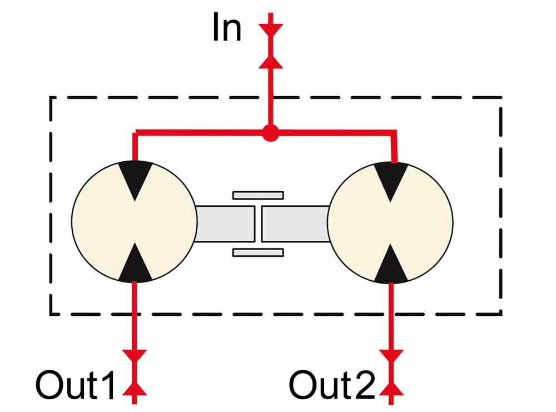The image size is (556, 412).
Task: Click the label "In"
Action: tap(227, 28)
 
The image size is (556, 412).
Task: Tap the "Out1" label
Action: tap(76, 385)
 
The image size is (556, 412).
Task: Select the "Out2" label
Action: tap(332, 385)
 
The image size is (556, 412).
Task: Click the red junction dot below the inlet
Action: tap(271, 133)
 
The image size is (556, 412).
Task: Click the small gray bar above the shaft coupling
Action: tap(258, 195)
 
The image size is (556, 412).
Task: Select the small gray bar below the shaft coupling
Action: tap(258, 252)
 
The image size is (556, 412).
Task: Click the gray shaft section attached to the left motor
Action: tap(225, 224)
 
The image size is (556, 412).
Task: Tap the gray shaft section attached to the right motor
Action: tap(295, 224)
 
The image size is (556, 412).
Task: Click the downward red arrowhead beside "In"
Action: tap(271, 29)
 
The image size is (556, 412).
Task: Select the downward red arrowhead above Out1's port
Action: tap(135, 356)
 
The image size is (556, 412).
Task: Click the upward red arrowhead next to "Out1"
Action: tap(135, 389)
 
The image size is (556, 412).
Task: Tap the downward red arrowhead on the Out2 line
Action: tap(391, 356)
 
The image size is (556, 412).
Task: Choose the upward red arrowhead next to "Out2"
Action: tap(391, 389)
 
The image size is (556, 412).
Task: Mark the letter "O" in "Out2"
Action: tap(303, 385)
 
